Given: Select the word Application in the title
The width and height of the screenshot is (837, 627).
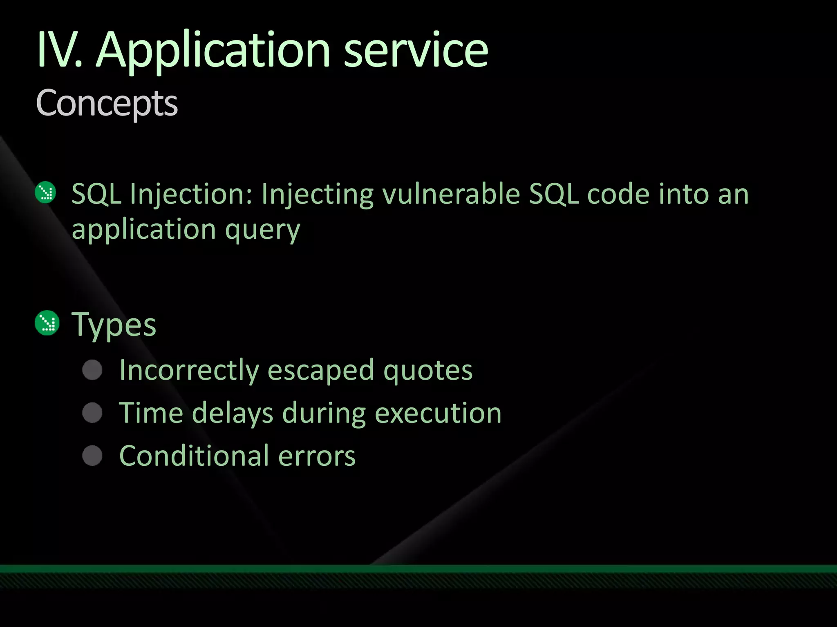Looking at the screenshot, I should [213, 51].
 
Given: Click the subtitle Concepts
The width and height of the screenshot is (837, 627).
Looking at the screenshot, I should [107, 103].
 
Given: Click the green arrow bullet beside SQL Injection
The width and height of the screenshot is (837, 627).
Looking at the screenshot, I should [46, 192].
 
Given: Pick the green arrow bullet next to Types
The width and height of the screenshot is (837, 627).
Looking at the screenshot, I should [47, 323].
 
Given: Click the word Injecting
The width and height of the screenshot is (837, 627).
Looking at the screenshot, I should [317, 194].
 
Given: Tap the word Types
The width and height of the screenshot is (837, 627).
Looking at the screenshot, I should [114, 325].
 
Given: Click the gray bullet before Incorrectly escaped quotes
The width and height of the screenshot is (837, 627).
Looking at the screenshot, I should [92, 370].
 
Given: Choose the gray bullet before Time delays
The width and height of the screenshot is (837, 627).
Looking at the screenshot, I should [92, 413].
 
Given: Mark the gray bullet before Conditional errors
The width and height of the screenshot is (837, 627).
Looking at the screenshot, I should [92, 456].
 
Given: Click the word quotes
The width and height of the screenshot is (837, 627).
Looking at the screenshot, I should [428, 371].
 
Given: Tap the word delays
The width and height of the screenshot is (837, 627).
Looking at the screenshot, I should [233, 414].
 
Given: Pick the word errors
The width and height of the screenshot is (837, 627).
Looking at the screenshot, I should [317, 456].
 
